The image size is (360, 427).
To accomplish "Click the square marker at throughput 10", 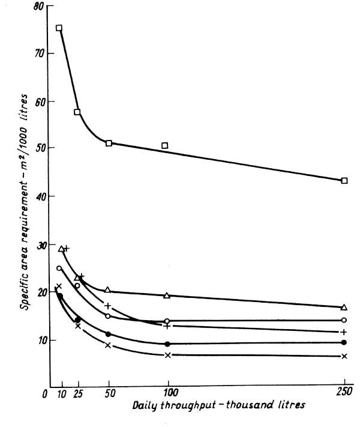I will coord(59,28).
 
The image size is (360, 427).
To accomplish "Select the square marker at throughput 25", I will coord(77,112).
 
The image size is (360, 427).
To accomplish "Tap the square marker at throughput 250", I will coord(344,181).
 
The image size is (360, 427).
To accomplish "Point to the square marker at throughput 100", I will coord(164,145).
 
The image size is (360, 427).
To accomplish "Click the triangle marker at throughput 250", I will coord(344,307).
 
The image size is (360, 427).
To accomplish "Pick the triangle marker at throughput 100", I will coord(167,295).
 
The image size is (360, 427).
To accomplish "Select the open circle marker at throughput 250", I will coord(344,320).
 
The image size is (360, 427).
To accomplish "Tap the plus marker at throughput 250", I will coord(344,332).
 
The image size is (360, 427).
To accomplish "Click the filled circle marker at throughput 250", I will coord(344,342).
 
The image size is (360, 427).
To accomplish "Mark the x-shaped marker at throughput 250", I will coord(344,356).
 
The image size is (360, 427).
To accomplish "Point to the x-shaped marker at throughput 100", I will coord(168,355).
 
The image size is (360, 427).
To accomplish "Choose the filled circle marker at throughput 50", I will coord(108,334).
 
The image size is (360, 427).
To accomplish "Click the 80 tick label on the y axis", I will coord(39,7).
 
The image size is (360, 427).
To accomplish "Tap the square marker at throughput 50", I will coord(109,144).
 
